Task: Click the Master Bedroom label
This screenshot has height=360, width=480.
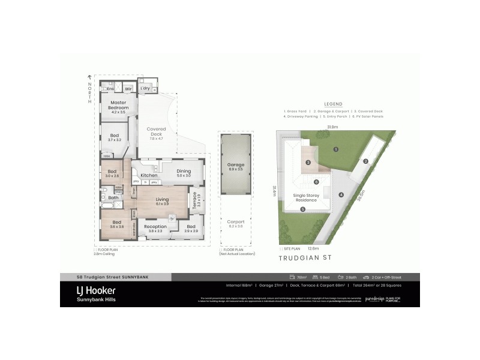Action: click(x=118, y=105)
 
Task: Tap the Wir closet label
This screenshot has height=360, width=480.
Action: click(x=128, y=89)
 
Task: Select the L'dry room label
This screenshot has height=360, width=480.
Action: click(x=145, y=89)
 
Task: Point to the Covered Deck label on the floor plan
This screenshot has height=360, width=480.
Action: click(x=156, y=131)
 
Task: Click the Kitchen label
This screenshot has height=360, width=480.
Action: click(x=149, y=175)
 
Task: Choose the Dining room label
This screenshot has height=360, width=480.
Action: click(x=184, y=171)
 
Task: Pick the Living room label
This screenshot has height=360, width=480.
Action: click(x=163, y=199)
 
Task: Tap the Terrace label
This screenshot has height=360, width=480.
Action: click(x=196, y=197)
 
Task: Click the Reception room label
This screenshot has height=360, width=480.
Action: click(x=155, y=226)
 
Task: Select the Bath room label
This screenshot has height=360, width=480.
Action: click(x=113, y=197)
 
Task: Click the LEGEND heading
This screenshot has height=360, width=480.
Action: click(x=332, y=103)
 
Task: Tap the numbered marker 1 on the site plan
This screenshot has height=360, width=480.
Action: click(x=337, y=149)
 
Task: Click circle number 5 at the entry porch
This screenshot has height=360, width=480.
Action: click(x=303, y=209)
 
